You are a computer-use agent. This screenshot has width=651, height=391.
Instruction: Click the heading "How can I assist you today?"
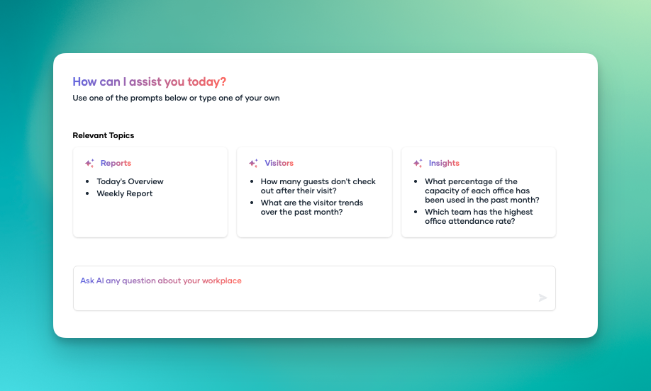click(150, 81)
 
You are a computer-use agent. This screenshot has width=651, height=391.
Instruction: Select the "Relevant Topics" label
click(104, 135)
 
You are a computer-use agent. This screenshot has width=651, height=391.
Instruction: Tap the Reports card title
click(116, 164)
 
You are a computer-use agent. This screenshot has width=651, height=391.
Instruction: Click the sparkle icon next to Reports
click(89, 163)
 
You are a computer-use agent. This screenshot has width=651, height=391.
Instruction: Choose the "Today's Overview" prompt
click(130, 181)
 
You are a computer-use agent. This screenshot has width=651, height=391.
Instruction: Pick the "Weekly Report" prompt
click(125, 193)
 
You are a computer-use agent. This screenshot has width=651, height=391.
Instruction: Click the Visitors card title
click(279, 164)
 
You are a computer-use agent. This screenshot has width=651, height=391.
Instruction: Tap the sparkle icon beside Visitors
click(254, 163)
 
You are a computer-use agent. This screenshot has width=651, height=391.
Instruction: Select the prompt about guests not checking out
click(318, 186)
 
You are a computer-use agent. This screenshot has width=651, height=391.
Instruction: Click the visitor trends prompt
click(312, 208)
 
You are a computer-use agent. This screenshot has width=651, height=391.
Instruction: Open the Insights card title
click(444, 164)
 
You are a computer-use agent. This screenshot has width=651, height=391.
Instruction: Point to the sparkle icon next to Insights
click(418, 163)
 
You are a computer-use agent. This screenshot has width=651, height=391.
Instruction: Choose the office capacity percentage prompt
click(482, 191)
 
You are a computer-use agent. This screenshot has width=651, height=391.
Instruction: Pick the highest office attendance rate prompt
click(479, 217)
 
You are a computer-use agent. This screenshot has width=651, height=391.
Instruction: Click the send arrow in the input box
click(542, 297)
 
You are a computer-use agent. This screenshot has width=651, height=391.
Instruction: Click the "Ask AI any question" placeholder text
click(161, 280)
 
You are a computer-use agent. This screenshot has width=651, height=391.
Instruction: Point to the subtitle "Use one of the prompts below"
click(176, 98)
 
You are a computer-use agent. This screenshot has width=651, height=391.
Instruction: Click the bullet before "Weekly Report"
click(87, 193)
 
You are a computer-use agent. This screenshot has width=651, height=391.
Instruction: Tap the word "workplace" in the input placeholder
click(222, 280)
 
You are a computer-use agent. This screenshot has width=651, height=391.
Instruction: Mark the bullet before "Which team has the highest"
click(416, 212)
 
